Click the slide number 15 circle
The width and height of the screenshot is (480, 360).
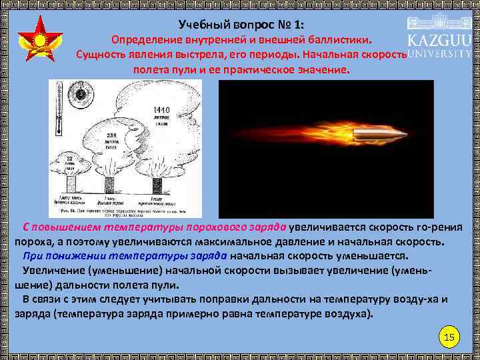coord(449,337)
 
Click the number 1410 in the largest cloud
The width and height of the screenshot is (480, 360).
coord(161,110)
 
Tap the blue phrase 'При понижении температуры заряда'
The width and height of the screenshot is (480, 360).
coord(125,255)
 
